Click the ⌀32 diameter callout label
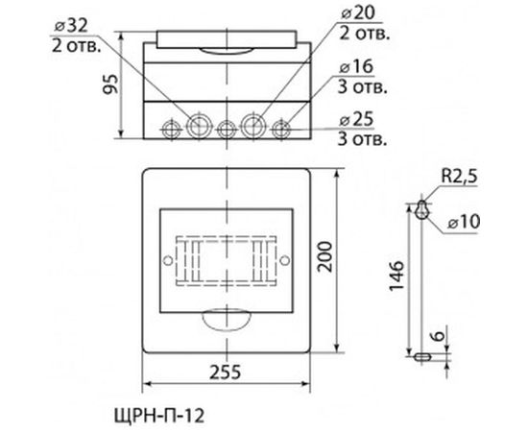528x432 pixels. [71, 26]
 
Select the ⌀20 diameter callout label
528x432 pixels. [358, 13]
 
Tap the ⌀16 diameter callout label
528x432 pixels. [356, 66]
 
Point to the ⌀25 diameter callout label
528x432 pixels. [356, 120]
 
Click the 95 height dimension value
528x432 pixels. [110, 84]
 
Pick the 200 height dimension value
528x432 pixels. [325, 256]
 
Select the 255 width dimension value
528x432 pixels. [226, 372]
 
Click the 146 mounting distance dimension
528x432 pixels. [396, 275]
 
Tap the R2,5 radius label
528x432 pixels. [459, 176]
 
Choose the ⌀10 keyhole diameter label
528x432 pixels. [464, 222]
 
